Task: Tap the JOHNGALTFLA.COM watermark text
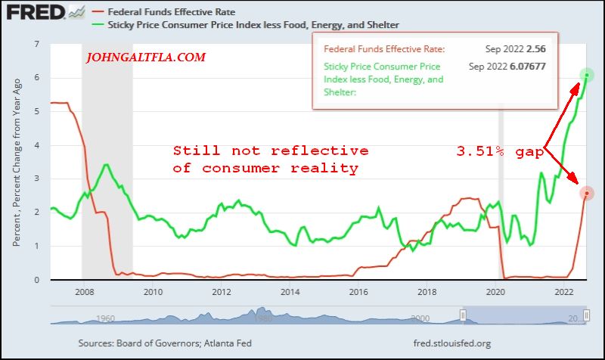146,57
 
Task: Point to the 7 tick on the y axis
36,44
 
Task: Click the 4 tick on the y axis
36,145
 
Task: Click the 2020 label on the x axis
495,291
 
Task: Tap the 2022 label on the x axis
563,291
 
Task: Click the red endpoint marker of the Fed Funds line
587,194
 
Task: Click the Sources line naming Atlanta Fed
165,343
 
